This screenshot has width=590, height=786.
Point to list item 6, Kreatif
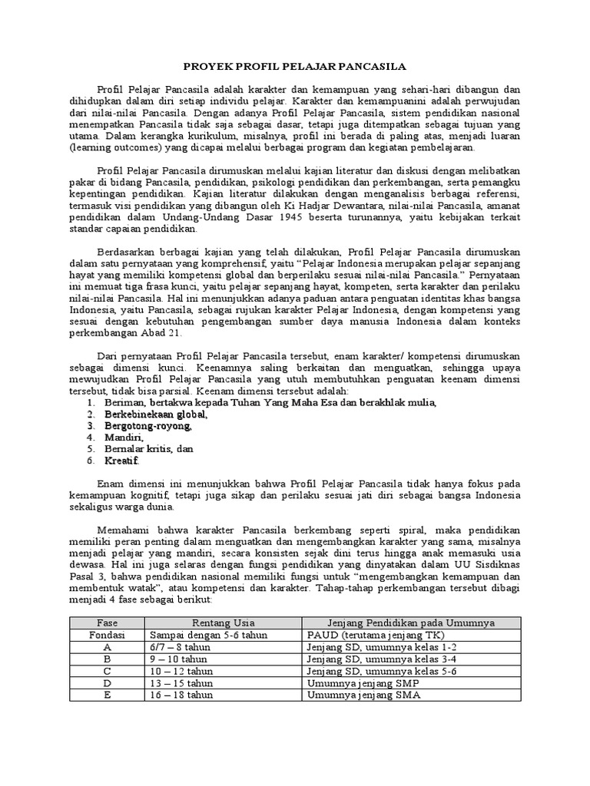click(x=123, y=461)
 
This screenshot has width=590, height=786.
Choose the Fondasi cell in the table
click(x=107, y=636)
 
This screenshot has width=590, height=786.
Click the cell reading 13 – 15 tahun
click(x=182, y=683)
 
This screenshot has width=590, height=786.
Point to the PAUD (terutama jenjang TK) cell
click(x=366, y=636)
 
